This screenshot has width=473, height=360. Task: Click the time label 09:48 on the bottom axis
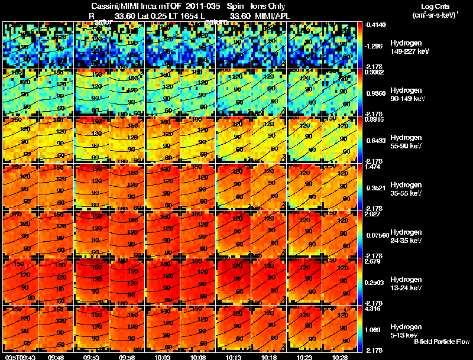(x=56, y=357)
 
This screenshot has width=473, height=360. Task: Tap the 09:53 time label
(x=91, y=357)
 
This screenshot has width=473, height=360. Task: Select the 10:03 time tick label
(x=163, y=357)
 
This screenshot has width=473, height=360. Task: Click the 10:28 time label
(x=340, y=357)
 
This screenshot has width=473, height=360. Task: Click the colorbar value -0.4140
(x=376, y=25)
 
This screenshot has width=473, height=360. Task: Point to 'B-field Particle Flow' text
(x=441, y=342)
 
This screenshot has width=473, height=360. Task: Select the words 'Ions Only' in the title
(x=268, y=7)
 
